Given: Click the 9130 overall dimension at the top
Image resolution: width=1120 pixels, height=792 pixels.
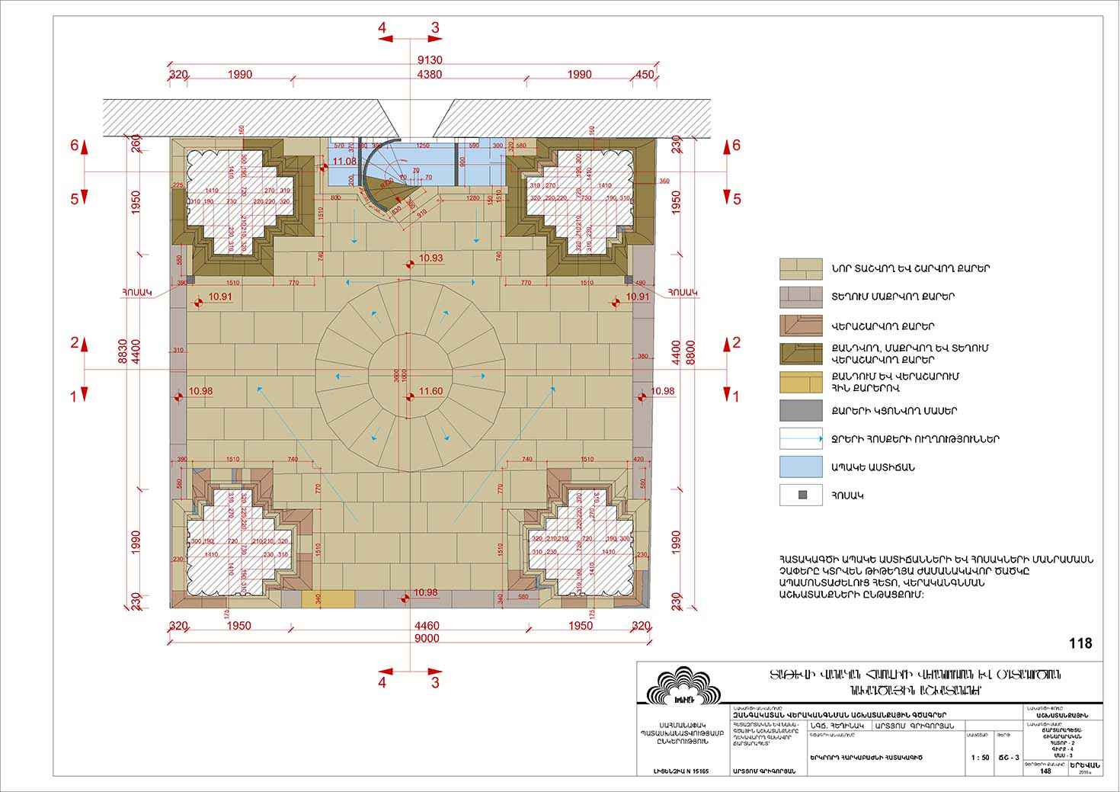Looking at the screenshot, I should point(430,61).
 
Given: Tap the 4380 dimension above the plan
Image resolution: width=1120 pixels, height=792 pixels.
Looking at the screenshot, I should point(430,75).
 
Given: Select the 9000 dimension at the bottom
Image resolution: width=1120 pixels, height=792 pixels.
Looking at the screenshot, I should point(427,639).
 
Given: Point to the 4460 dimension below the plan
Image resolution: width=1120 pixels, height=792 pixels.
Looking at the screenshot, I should point(427,626).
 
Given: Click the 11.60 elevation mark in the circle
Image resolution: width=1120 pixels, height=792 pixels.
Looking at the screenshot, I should point(431,391).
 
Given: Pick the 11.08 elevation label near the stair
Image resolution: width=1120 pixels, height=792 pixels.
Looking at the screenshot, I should point(344,162).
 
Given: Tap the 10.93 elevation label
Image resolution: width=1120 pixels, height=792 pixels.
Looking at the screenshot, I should point(431,259).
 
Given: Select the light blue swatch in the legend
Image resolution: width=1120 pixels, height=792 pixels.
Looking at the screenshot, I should point(800,467).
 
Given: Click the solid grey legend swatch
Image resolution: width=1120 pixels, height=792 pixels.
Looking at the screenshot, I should point(800,411).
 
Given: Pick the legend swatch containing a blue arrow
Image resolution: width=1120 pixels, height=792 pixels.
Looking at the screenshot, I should point(800,439).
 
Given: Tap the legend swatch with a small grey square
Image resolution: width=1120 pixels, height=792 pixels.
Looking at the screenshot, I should point(800,495).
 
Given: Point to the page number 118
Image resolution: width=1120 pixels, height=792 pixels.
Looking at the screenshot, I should point(1080,643).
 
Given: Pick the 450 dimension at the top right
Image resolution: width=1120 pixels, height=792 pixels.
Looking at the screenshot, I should point(644,75).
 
